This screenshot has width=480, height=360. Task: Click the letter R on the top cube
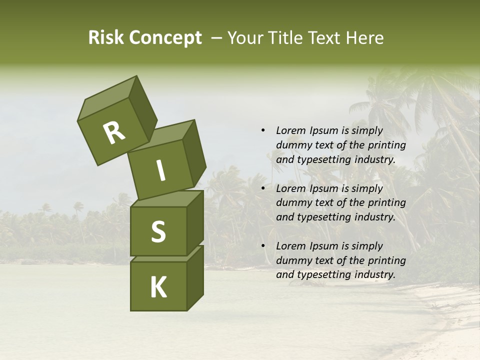(x=114, y=133)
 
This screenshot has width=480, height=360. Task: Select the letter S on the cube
(x=158, y=231)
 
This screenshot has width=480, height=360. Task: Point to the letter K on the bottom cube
(x=158, y=287)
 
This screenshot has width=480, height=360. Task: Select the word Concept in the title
(x=164, y=38)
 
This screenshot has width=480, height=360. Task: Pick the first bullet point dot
(x=263, y=130)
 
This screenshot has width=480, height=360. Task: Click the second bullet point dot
(x=263, y=188)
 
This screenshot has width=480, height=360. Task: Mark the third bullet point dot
(x=263, y=246)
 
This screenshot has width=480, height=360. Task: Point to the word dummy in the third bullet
(x=292, y=260)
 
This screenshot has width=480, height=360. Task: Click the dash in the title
(x=217, y=38)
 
